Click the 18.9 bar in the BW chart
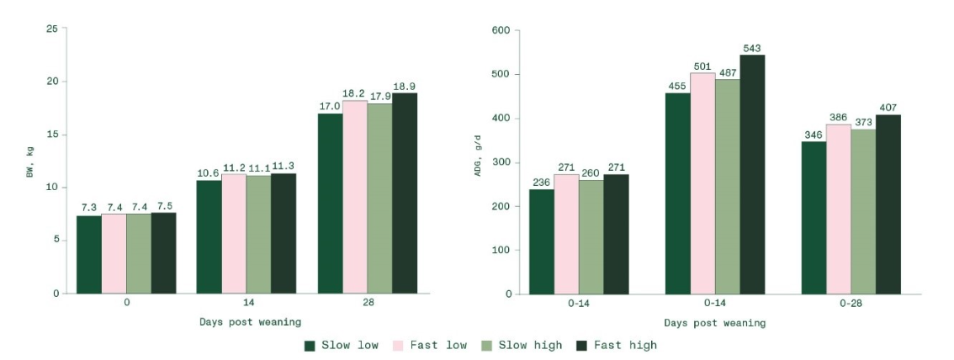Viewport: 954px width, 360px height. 405,193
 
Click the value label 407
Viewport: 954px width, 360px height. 888,108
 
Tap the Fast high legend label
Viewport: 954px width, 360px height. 625,345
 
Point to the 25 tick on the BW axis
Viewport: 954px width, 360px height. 52,29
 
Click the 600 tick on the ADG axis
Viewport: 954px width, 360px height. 501,30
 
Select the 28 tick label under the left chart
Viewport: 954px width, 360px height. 368,304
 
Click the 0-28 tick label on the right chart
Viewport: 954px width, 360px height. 851,304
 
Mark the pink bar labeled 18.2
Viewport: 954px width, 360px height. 355,197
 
